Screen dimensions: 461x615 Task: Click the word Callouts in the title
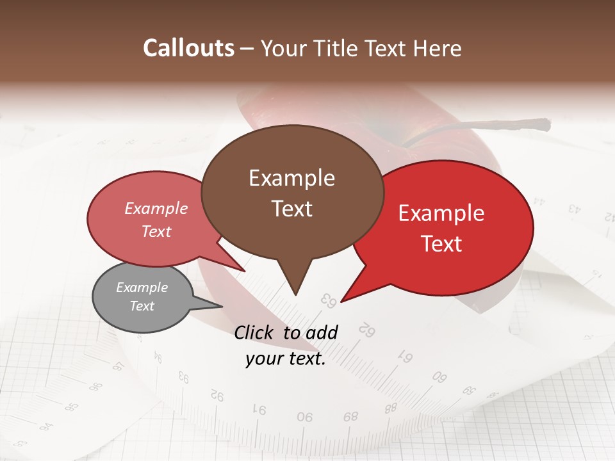point(188,48)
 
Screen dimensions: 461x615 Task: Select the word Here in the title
point(438,48)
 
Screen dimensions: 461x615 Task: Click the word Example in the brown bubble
point(291,178)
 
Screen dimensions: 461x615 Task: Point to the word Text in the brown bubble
point(291,209)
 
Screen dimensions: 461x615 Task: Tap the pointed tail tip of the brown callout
point(295,295)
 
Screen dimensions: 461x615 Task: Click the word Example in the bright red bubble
point(441,213)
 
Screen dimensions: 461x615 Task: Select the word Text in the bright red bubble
point(442,244)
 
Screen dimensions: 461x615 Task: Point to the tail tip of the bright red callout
point(341,301)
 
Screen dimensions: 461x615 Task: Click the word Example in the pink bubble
point(156,208)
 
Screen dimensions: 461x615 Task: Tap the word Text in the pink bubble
point(156,231)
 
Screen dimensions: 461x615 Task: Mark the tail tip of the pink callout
point(245,271)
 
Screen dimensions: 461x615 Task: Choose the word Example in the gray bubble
point(142,287)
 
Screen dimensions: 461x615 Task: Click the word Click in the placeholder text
point(255,332)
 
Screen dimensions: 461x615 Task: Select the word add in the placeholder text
point(322,332)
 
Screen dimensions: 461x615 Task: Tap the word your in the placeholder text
point(263,359)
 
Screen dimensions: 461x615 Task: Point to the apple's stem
point(487,125)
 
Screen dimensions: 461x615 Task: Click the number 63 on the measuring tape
point(328,300)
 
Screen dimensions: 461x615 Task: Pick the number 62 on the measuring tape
point(366,330)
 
